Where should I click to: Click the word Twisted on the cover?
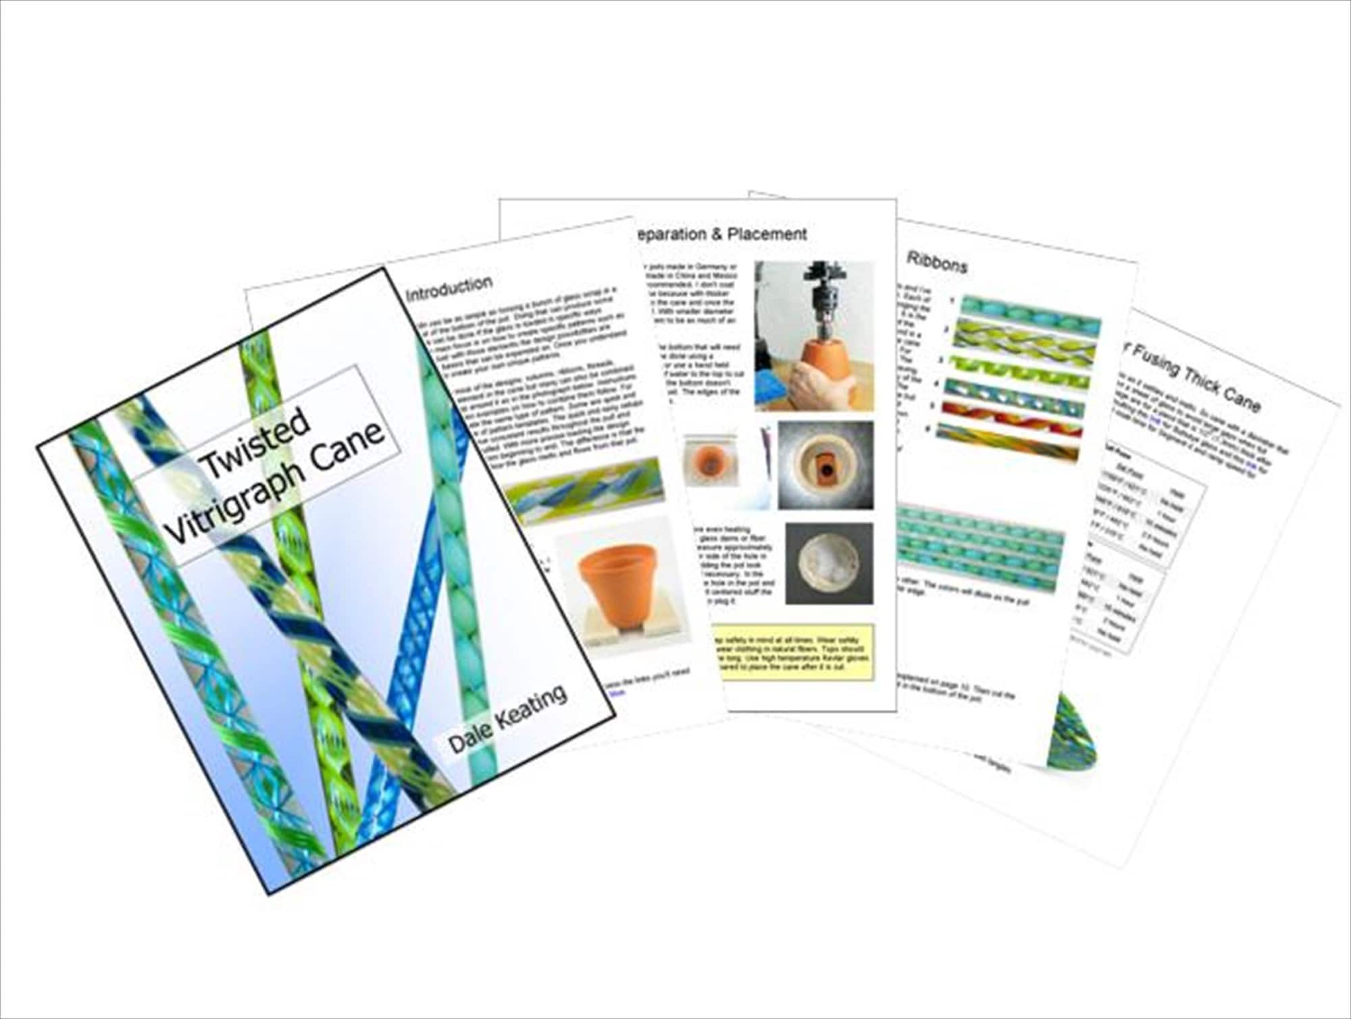click(x=255, y=440)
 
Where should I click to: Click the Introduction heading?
click(x=449, y=287)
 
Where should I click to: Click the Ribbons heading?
click(x=936, y=262)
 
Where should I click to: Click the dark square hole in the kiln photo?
click(x=824, y=465)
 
